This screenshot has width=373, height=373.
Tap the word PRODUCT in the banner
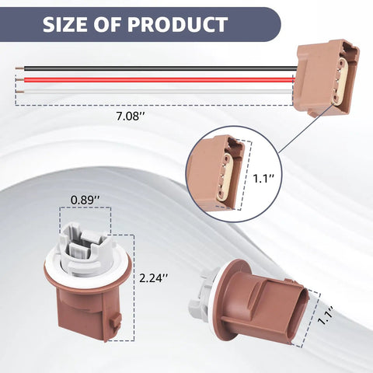177,25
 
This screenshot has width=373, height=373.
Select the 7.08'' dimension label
130,117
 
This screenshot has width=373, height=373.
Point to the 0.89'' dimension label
85,200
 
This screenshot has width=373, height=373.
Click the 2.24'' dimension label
154,278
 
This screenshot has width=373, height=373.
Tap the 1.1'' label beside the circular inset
263,179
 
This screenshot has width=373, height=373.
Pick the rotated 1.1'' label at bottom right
326,315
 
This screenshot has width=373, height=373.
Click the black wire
161,68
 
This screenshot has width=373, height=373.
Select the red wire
159,80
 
